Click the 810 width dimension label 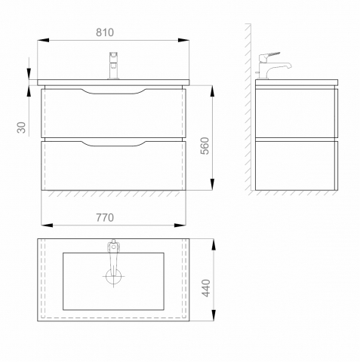click(105, 32)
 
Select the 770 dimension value click(105, 217)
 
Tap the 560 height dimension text click(205, 146)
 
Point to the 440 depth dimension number click(206, 288)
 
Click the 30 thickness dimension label click(22, 127)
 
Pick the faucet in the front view click(114, 66)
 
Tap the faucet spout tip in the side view click(290, 66)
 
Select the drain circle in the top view click(113, 277)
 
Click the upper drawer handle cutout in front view click(113, 91)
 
